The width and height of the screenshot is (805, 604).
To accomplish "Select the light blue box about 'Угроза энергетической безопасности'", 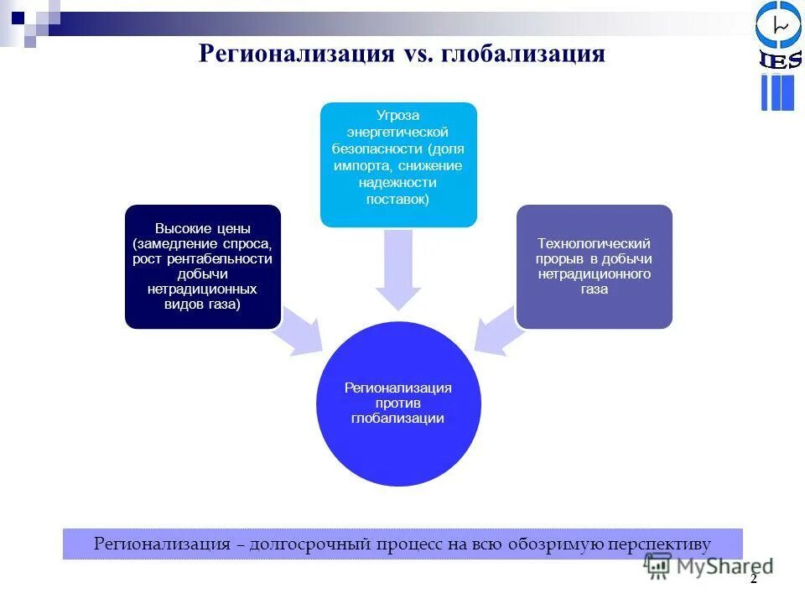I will [398, 164].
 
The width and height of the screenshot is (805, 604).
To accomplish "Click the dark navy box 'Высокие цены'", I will [202, 266].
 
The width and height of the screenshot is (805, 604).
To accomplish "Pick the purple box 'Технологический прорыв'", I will [594, 266].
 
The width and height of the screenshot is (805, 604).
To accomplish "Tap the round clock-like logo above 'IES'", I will [779, 25].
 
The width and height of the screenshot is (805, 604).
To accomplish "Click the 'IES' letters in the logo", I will [779, 60].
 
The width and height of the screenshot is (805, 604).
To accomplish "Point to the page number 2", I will [753, 579].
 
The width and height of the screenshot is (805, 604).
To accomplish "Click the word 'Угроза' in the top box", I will [398, 115].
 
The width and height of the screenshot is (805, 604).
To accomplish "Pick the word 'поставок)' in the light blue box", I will [398, 199].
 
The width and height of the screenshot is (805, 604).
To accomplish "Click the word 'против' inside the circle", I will [398, 403].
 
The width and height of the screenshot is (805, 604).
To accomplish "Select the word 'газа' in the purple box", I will [594, 289].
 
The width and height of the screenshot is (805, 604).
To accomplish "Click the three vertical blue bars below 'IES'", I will [777, 92].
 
